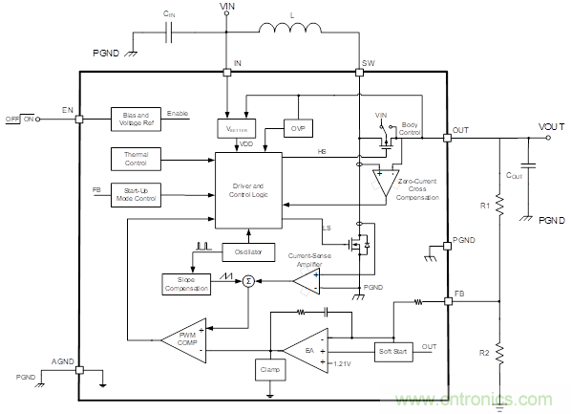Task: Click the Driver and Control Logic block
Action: pos(247,189)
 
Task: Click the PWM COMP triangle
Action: pos(182,338)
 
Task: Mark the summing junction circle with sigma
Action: pos(247,280)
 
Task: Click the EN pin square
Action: pos(79,119)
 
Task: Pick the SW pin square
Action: pos(359,73)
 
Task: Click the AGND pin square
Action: pos(79,367)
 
